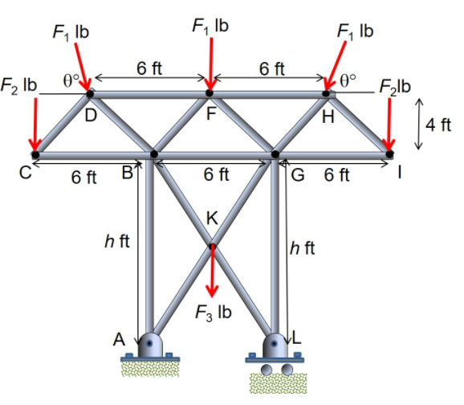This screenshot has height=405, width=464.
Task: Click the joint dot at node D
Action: click(89, 94)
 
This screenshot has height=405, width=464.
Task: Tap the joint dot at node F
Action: click(210, 94)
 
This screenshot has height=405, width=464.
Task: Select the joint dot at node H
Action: click(327, 94)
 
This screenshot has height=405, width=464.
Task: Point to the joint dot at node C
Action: click(35, 153)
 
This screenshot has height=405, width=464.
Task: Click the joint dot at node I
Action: click(390, 153)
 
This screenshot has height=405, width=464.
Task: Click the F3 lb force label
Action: click(213, 313)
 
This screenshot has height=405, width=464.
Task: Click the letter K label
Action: click(212, 217)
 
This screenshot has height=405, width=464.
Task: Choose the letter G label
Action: click(298, 174)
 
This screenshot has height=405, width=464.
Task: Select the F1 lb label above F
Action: click(210, 25)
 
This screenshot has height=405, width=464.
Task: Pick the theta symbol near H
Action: click(347, 80)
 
